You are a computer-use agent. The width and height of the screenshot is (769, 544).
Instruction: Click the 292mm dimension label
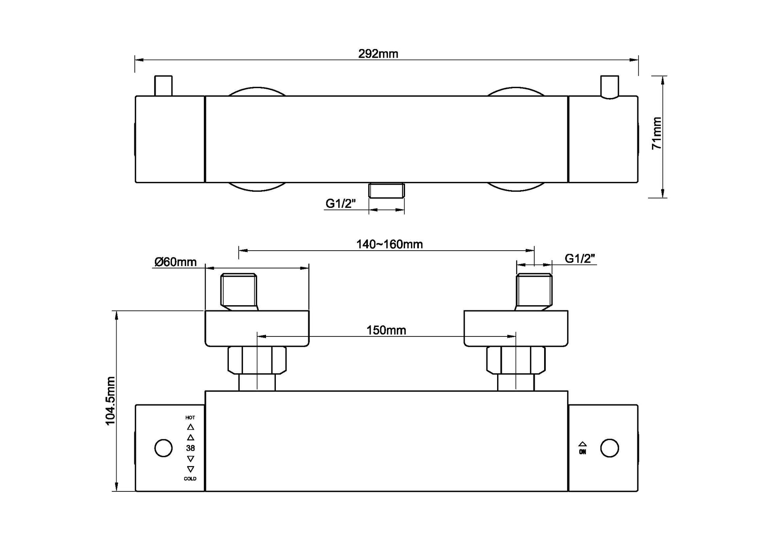(x=378, y=54)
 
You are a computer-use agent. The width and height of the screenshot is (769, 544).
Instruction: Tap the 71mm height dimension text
(x=657, y=133)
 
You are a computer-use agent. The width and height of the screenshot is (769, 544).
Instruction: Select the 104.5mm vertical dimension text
(x=110, y=401)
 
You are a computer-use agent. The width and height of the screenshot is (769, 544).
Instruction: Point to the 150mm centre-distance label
(x=386, y=330)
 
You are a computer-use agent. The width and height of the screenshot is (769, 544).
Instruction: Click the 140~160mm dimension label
(x=389, y=244)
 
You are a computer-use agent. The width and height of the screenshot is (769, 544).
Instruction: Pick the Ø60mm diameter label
(x=175, y=262)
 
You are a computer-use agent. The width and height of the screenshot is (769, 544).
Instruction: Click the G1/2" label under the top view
(x=340, y=204)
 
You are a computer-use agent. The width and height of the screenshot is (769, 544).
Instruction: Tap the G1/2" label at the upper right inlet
(x=580, y=259)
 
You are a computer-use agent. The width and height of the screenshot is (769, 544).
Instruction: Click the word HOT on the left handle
(x=190, y=417)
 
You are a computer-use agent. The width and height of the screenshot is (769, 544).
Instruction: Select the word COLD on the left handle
(x=190, y=479)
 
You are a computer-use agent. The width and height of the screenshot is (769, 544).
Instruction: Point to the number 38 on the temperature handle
(x=190, y=448)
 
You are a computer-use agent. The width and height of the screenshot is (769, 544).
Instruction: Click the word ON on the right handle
(x=582, y=452)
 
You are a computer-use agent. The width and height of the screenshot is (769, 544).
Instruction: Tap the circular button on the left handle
(x=163, y=448)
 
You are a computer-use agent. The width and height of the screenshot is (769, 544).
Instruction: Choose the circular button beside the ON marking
(x=609, y=448)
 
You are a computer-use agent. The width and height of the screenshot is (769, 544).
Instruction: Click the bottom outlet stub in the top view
(x=386, y=190)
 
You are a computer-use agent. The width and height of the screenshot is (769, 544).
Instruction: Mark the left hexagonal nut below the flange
(x=257, y=360)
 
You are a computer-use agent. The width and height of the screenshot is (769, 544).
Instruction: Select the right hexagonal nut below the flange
(x=516, y=360)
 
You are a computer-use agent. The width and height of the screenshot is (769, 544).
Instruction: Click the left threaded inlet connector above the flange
(x=239, y=291)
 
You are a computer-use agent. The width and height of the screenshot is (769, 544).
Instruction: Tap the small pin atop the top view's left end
(x=163, y=85)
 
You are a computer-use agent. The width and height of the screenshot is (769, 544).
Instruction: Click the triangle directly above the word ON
(x=582, y=444)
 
